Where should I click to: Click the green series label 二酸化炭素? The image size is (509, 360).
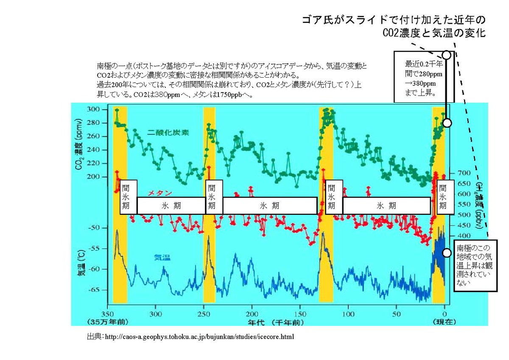click(168, 132)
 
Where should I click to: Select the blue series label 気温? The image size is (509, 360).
click(162, 257)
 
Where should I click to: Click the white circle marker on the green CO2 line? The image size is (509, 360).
click(447, 123)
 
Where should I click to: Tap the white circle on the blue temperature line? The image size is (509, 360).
click(447, 253)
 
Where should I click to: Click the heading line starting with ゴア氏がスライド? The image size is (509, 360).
click(394, 20)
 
